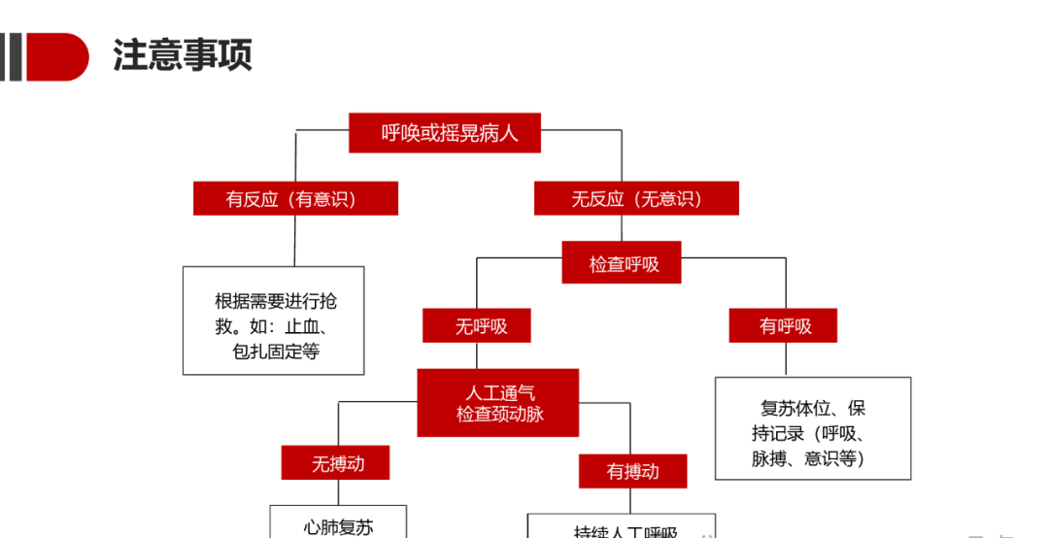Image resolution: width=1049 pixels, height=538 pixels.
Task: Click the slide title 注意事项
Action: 183,55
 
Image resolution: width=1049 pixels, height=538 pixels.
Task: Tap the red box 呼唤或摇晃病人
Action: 444,133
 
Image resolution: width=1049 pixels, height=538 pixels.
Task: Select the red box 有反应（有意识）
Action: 295,198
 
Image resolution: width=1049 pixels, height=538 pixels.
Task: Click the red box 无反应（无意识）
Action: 636,198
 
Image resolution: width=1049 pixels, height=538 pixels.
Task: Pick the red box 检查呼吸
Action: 622,263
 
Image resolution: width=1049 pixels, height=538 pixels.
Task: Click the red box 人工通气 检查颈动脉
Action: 498,403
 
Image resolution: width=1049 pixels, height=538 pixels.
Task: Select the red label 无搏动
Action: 336,463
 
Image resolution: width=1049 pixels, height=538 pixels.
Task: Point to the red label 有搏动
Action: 632,471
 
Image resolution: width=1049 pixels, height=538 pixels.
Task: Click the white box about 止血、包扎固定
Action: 274,320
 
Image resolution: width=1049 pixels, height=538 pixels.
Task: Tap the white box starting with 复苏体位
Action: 813,428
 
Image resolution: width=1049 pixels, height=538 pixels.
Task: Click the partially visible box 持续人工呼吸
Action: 622,527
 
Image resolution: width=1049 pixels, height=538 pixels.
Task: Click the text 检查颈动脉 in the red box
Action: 499,415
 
